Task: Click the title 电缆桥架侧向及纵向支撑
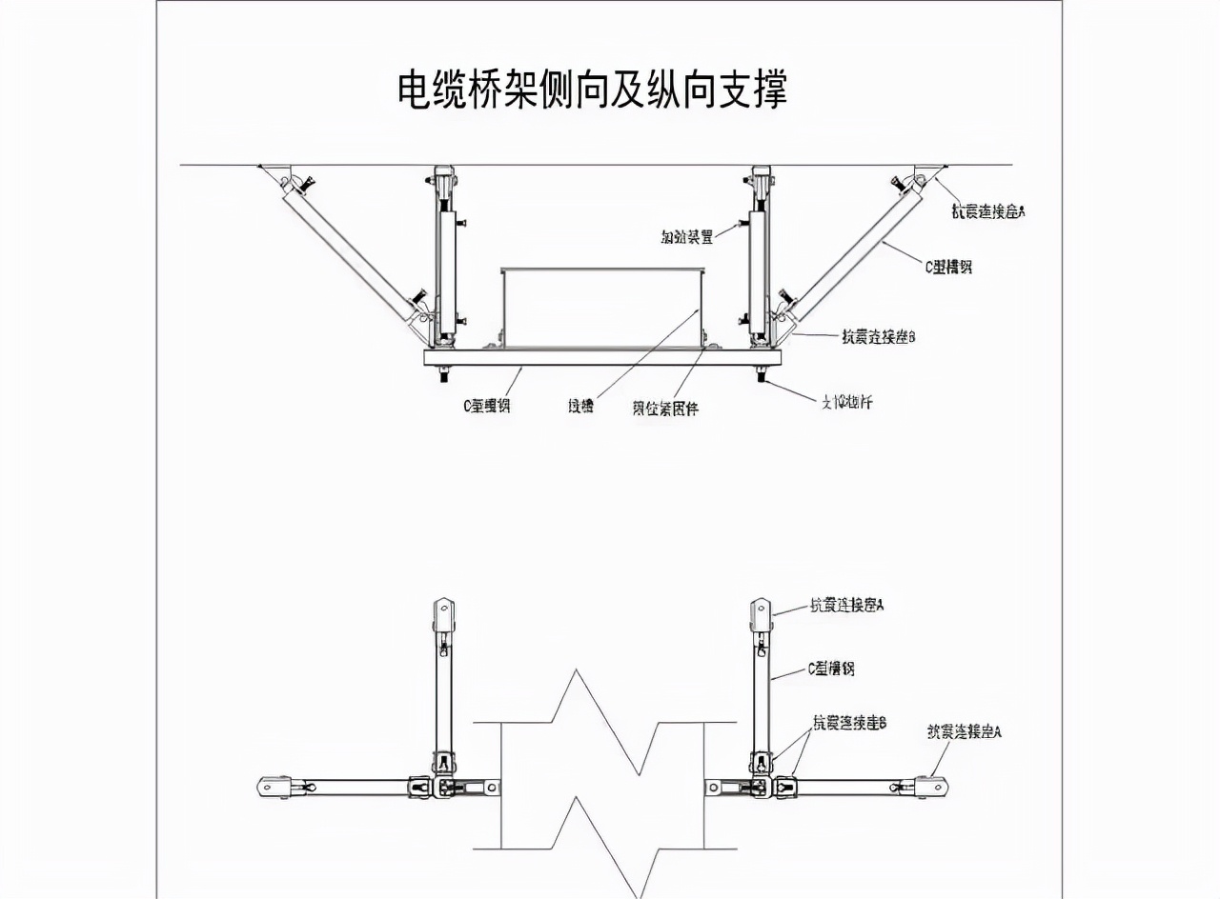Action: click(592, 90)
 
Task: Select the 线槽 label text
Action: click(580, 407)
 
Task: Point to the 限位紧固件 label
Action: click(665, 409)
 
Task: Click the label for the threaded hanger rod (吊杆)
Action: click(846, 402)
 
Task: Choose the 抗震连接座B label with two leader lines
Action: click(849, 723)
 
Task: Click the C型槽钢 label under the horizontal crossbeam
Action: click(487, 406)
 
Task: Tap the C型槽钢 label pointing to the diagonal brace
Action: click(948, 268)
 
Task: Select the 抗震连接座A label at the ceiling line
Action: click(988, 212)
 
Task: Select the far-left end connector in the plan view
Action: click(274, 787)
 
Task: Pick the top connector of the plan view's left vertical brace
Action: click(444, 614)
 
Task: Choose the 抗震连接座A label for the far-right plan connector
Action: click(964, 732)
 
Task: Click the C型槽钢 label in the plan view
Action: click(831, 669)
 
